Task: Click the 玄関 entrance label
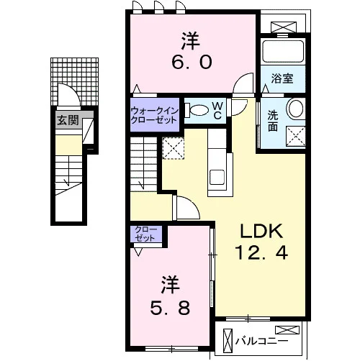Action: coord(68,120)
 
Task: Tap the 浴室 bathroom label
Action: coord(282,78)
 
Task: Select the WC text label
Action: coord(217,111)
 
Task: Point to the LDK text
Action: coord(261,231)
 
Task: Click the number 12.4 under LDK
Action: coord(261,253)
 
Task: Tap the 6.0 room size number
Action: coord(192,62)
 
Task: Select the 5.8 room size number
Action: coord(170,308)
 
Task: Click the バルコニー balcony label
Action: coord(261,341)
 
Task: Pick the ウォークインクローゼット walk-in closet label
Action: coord(155,115)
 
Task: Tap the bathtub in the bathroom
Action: coord(283,51)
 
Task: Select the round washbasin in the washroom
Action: coord(296,109)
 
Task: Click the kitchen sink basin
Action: coord(217,177)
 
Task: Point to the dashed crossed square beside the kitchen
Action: coord(174,148)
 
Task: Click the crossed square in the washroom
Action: coord(296,136)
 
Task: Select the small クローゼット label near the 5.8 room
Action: coord(145,234)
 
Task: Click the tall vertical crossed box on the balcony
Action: coord(228,340)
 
